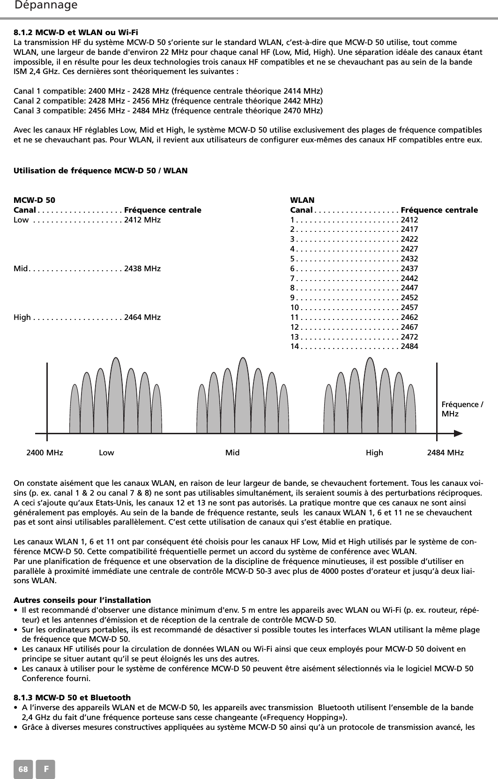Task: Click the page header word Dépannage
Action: click(x=46, y=6)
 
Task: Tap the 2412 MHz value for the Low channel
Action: click(x=142, y=220)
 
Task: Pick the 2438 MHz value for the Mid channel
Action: click(x=142, y=269)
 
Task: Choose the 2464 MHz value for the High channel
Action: click(x=142, y=318)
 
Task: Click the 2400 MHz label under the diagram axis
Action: click(x=45, y=453)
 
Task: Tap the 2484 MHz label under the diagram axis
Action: click(x=446, y=453)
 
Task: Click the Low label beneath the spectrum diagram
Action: click(x=106, y=453)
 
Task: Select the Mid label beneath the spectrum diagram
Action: click(x=232, y=453)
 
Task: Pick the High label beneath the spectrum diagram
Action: click(x=374, y=453)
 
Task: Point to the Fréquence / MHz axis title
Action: click(x=463, y=409)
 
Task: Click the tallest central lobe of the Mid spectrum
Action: click(x=243, y=398)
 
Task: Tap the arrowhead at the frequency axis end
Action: click(x=460, y=434)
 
